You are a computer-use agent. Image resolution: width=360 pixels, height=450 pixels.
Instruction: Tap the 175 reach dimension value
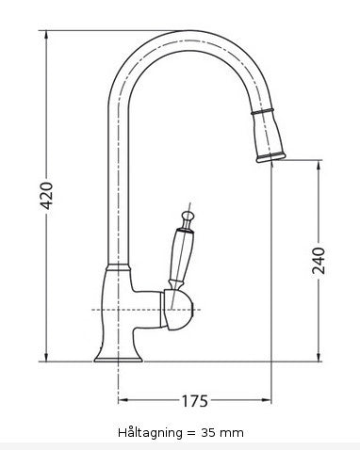point(193,402)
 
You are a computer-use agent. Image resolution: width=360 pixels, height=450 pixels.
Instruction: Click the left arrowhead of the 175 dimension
point(122,402)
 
